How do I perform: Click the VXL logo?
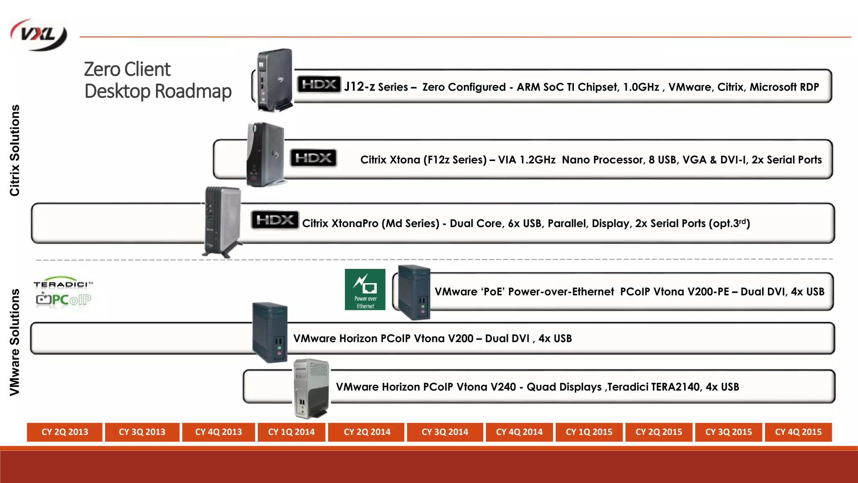(x=39, y=35)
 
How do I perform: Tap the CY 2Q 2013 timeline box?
(x=65, y=432)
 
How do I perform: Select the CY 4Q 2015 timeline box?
(x=798, y=432)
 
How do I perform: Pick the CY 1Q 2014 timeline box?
(x=291, y=432)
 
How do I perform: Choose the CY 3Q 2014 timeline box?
(x=445, y=432)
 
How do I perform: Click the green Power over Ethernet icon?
(x=365, y=289)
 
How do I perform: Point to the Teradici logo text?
(x=63, y=284)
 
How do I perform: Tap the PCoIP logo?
(x=63, y=300)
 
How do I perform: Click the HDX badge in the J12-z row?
(x=319, y=85)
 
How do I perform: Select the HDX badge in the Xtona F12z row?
(x=313, y=158)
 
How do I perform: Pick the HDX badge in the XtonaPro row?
(x=275, y=220)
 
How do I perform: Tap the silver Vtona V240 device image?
(x=311, y=388)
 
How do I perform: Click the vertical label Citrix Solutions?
(x=15, y=150)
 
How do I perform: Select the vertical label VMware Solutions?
(x=15, y=342)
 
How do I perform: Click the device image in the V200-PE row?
(x=413, y=292)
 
